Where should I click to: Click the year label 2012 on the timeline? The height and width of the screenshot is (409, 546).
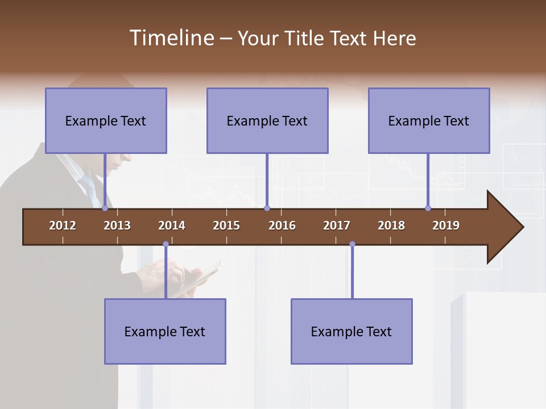[x=63, y=226]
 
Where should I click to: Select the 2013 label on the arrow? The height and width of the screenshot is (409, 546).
[x=117, y=226]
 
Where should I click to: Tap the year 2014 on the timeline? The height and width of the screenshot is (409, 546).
[x=172, y=226]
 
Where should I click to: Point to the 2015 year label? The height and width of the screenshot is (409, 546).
[x=226, y=226]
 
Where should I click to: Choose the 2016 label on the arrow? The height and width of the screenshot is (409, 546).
[x=282, y=226]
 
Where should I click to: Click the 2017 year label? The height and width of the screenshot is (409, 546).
[x=337, y=226]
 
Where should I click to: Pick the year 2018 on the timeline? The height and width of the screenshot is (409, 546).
[x=391, y=226]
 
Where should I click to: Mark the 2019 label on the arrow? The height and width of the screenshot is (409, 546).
[x=446, y=226]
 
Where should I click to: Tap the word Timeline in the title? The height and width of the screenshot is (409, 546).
[x=171, y=38]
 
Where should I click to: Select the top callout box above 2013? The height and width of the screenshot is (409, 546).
[x=106, y=120]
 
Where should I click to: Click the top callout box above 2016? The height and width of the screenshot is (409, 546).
[x=267, y=120]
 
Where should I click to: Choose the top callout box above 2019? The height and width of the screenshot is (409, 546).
[x=429, y=120]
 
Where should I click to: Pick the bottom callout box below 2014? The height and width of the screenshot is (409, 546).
[x=165, y=331]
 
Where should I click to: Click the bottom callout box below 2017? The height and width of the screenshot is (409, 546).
[x=351, y=331]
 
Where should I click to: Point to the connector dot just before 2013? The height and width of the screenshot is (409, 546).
[x=105, y=208]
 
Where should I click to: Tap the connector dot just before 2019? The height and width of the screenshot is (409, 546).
[x=428, y=208]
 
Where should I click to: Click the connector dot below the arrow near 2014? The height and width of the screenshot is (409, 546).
[x=166, y=244]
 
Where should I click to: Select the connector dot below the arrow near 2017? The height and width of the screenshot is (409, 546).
[x=352, y=244]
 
